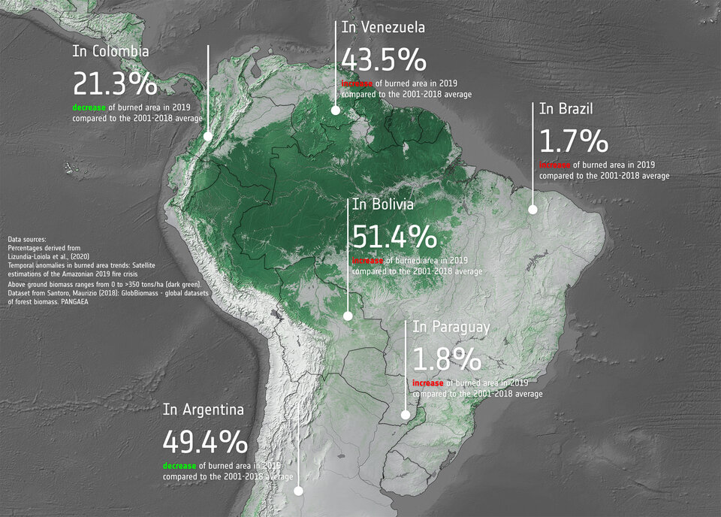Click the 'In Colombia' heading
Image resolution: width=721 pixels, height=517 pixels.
coord(110,52)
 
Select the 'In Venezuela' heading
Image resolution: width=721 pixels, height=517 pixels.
coord(383,28)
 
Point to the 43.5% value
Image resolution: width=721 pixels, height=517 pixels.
coord(384,60)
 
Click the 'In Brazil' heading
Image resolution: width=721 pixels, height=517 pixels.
coord(566,109)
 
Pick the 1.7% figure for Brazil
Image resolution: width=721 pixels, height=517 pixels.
coord(573,141)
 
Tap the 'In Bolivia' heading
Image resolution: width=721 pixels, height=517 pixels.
coord(383,204)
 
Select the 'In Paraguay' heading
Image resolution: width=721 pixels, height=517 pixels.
coord(451,327)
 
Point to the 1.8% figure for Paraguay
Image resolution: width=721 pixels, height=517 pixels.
coord(447,359)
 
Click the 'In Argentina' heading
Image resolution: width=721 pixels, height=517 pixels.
coord(204,410)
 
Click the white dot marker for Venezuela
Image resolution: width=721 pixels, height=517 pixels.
coord(336,110)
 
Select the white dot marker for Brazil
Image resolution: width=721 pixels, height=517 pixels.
coord(532,210)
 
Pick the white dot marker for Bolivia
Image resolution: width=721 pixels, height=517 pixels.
coord(347,316)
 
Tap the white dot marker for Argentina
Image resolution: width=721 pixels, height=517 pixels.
coord(298,491)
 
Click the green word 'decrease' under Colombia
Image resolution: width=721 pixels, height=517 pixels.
coord(89,107)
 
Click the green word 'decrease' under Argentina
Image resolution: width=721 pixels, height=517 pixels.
coord(179,466)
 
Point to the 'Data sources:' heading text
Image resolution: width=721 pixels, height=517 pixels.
coord(27,240)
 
